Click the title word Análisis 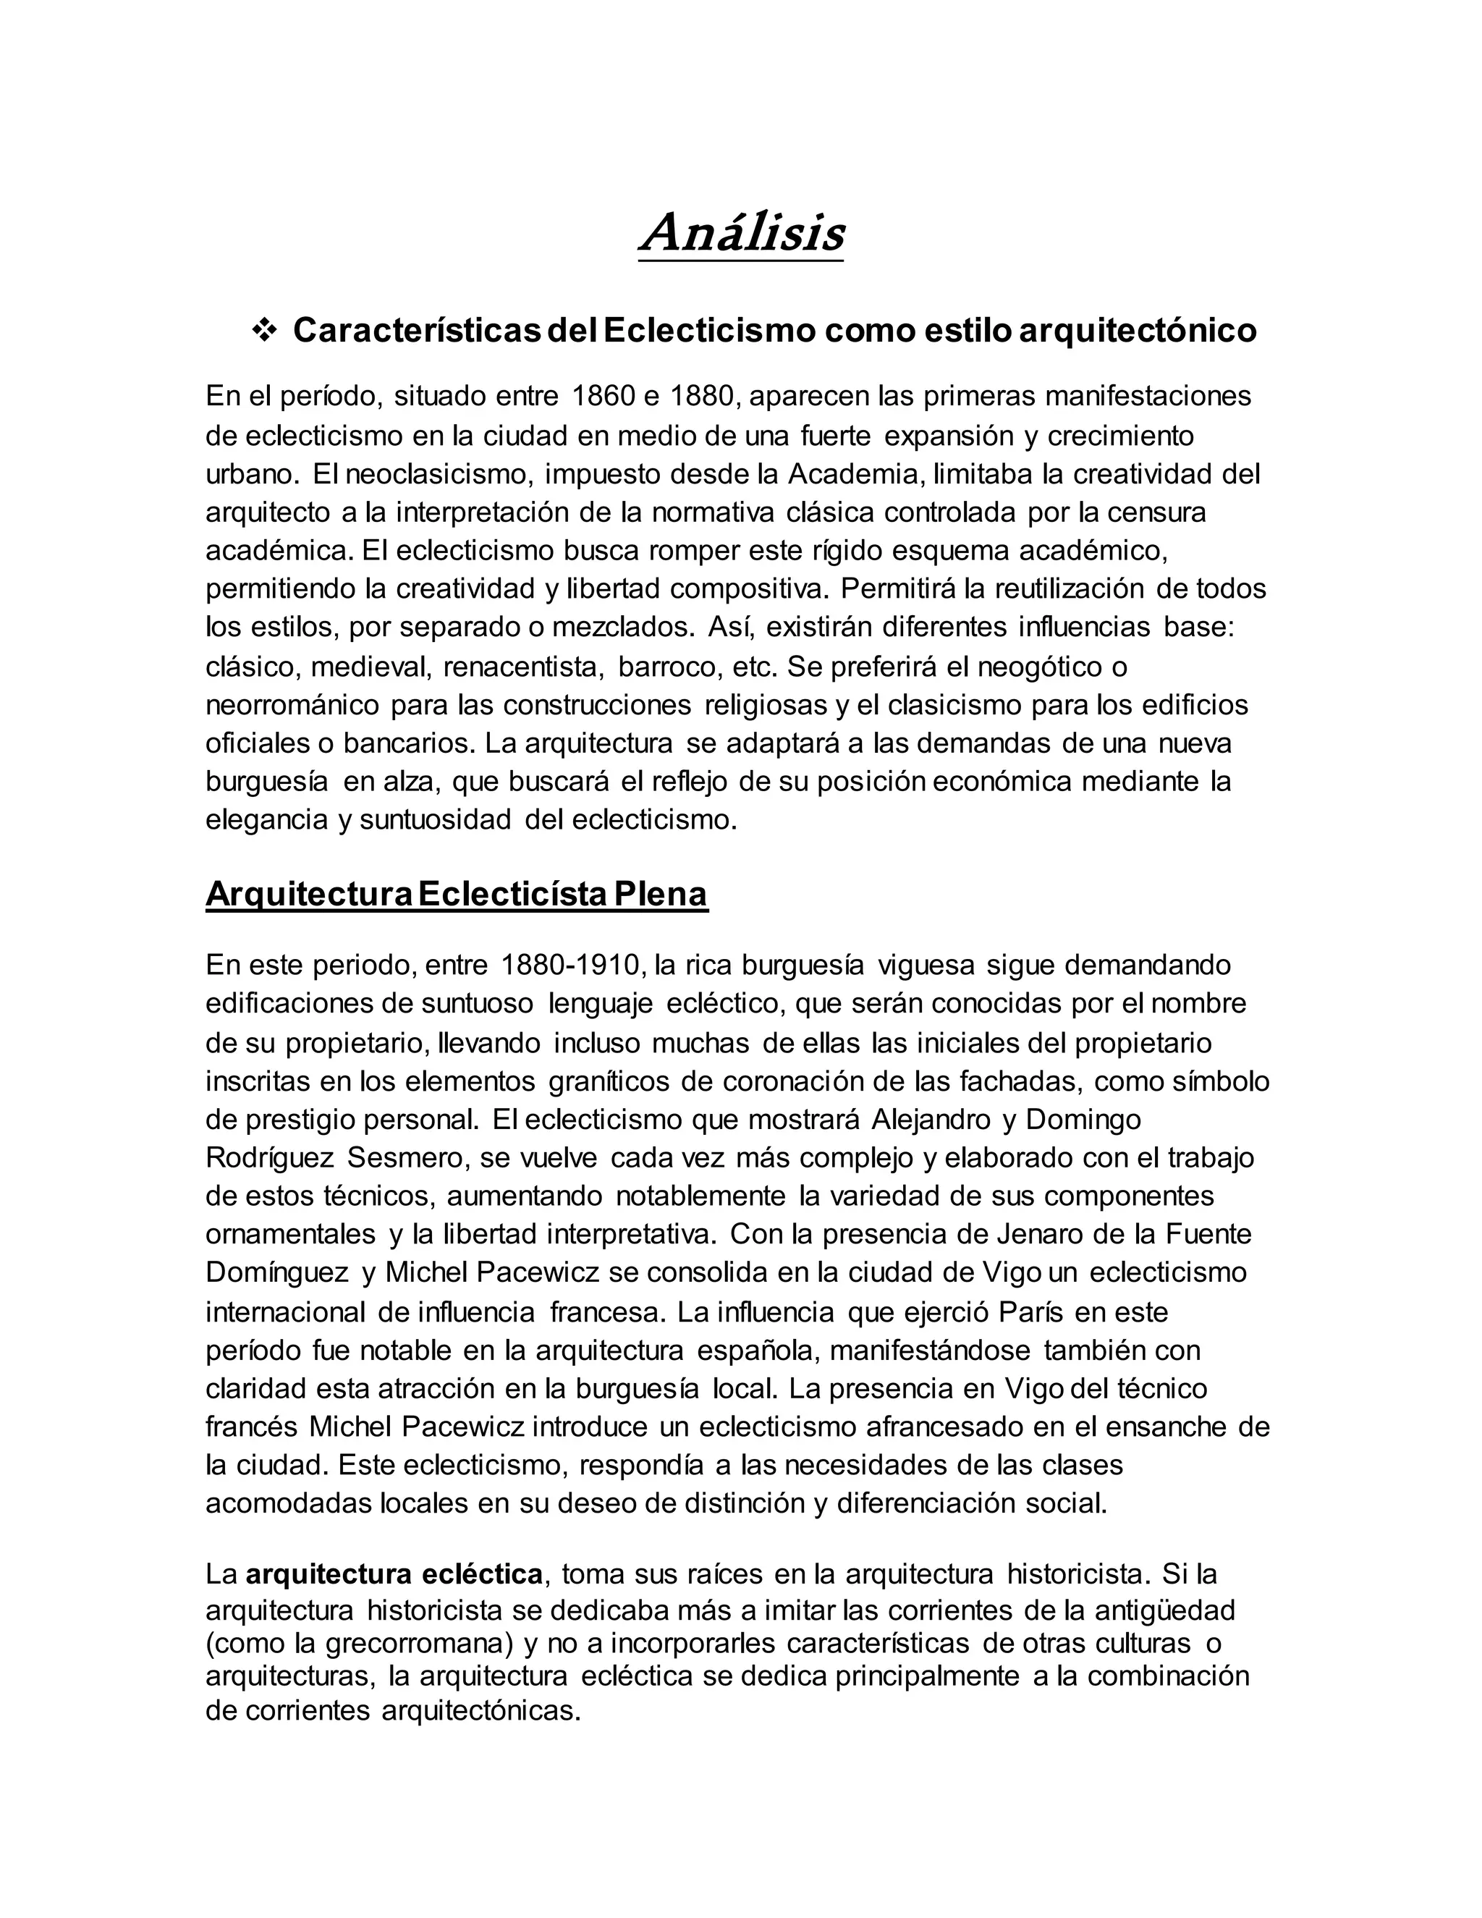pyautogui.click(x=742, y=234)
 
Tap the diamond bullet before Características pyautogui.click(x=263, y=330)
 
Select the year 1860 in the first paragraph pyautogui.click(x=601, y=396)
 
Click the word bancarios pyautogui.click(x=408, y=743)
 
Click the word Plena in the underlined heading pyautogui.click(x=660, y=894)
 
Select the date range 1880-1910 pyautogui.click(x=569, y=964)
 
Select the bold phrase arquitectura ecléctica pyautogui.click(x=394, y=1573)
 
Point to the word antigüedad pyautogui.click(x=1161, y=1610)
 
